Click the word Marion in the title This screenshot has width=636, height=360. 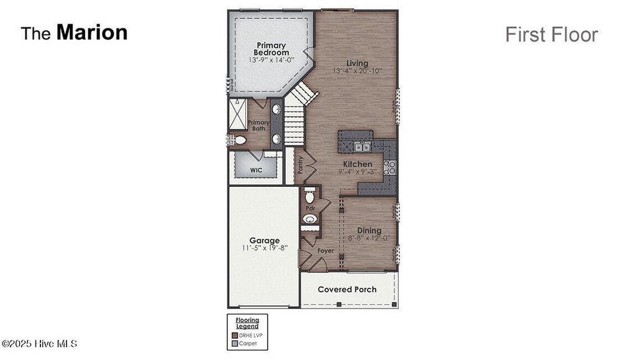[92, 32]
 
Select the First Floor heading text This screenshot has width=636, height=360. [551, 35]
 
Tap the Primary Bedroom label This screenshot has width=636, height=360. [271, 49]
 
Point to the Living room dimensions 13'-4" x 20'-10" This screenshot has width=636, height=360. [357, 71]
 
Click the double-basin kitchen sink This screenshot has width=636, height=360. [362, 147]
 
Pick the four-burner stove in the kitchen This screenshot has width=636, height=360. [389, 166]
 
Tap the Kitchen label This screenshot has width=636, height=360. [357, 164]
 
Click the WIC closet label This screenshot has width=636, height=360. [256, 169]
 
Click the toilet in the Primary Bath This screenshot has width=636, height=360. [240, 141]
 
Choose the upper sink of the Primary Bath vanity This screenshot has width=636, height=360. [276, 110]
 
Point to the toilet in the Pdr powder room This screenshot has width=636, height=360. [310, 197]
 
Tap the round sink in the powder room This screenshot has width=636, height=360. [309, 219]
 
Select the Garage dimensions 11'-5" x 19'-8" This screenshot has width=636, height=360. [265, 248]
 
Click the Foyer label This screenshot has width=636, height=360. [325, 251]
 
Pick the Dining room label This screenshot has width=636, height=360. [369, 230]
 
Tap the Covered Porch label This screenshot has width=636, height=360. [347, 289]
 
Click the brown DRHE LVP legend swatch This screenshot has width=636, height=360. [235, 335]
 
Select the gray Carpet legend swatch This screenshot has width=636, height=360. [235, 343]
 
